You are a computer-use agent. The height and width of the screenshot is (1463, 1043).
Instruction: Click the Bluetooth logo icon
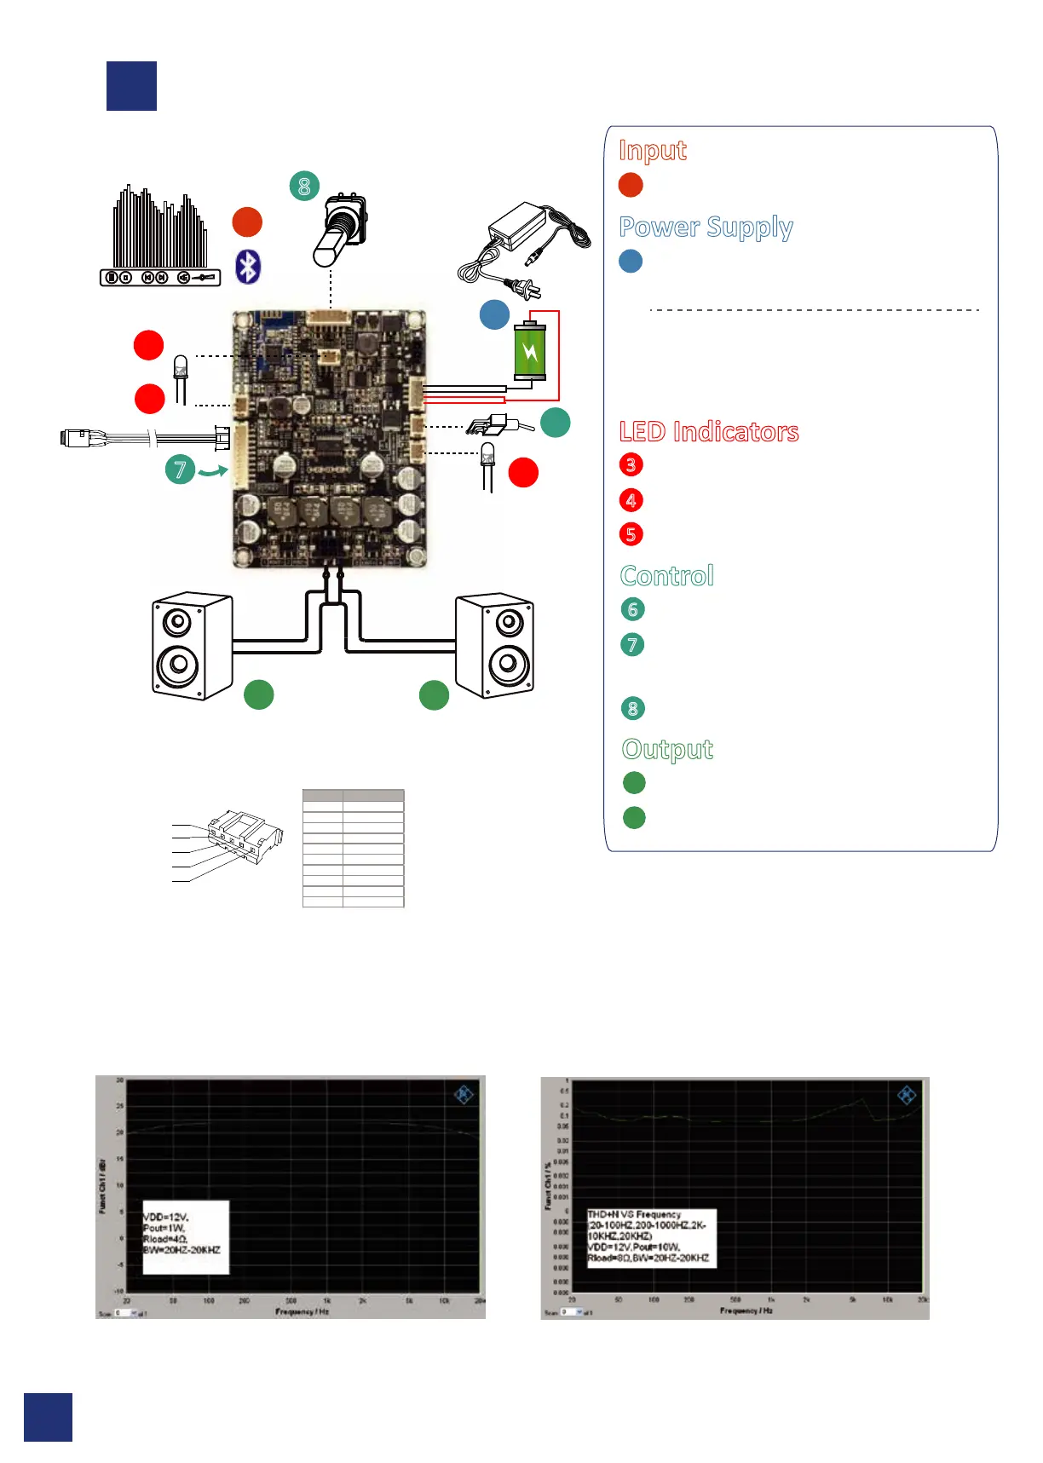(248, 267)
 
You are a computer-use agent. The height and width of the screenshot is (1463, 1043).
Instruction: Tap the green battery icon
(529, 350)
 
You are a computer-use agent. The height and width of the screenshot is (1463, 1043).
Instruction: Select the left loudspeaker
(191, 646)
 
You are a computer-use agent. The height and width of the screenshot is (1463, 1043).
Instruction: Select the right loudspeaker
(495, 645)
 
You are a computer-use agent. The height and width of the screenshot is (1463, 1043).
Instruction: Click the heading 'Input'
(652, 151)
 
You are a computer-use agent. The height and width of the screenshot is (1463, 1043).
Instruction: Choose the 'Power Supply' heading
(706, 228)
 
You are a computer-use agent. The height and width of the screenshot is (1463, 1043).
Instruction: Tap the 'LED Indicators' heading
(708, 432)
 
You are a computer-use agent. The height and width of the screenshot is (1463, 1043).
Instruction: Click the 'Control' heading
(666, 576)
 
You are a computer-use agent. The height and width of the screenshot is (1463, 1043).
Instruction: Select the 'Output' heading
(667, 750)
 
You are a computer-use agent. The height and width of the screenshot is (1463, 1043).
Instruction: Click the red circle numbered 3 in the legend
(631, 464)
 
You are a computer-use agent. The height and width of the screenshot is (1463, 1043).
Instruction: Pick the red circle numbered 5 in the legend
(631, 534)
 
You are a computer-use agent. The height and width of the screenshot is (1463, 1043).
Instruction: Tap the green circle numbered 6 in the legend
(632, 609)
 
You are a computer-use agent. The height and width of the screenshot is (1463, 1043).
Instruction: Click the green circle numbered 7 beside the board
(180, 469)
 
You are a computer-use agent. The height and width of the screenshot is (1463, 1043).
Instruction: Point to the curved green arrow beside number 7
(213, 469)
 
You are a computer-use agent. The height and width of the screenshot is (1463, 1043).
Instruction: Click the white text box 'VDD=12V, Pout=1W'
(185, 1237)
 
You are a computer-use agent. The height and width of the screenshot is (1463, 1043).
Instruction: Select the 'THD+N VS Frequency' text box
(651, 1237)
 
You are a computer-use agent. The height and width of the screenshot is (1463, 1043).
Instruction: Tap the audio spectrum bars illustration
(160, 228)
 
